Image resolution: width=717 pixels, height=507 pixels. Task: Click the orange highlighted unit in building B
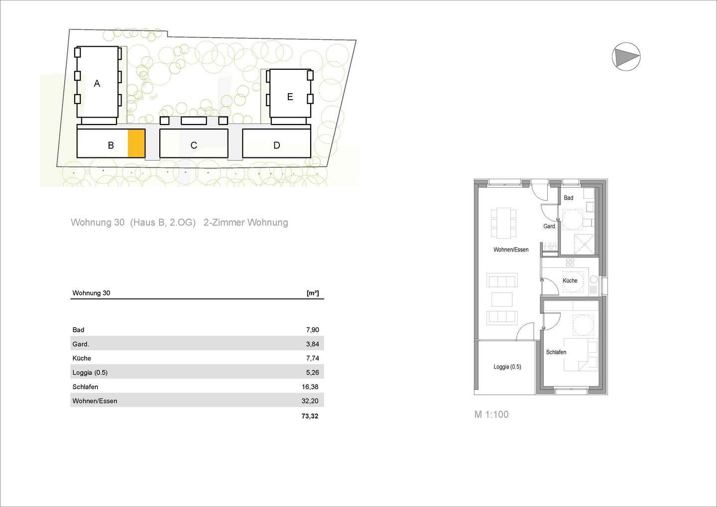(x=136, y=143)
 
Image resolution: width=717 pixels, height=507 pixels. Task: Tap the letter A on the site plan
(x=97, y=84)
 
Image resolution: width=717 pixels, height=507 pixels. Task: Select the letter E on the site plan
(x=290, y=97)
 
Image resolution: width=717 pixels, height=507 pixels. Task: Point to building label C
(x=194, y=145)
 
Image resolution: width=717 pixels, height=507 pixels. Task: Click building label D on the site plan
(x=277, y=145)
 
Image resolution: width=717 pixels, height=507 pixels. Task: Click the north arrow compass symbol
(x=626, y=56)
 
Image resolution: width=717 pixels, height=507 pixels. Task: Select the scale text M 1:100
(x=491, y=414)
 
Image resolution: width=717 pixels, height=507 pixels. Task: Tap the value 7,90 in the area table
(x=312, y=330)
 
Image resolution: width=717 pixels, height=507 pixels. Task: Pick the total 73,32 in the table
(x=310, y=416)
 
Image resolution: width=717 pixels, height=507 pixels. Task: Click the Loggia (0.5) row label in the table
(x=90, y=373)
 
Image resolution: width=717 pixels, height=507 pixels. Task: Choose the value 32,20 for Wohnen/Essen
(x=310, y=401)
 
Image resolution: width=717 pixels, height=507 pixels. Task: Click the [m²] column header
(x=313, y=293)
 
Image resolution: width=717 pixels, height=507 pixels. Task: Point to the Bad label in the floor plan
(x=568, y=198)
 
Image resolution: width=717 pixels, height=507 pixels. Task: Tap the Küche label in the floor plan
(x=570, y=281)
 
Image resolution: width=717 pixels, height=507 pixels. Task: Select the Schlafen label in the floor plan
(x=556, y=352)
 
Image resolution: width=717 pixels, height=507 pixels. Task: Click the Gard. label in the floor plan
(x=550, y=226)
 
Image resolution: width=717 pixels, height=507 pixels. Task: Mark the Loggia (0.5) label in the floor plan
(x=507, y=367)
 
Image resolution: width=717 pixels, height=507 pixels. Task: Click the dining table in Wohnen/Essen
(x=504, y=222)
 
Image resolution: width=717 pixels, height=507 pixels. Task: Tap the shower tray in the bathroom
(x=584, y=244)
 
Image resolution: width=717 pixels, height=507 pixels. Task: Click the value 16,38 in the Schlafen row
(x=310, y=387)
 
